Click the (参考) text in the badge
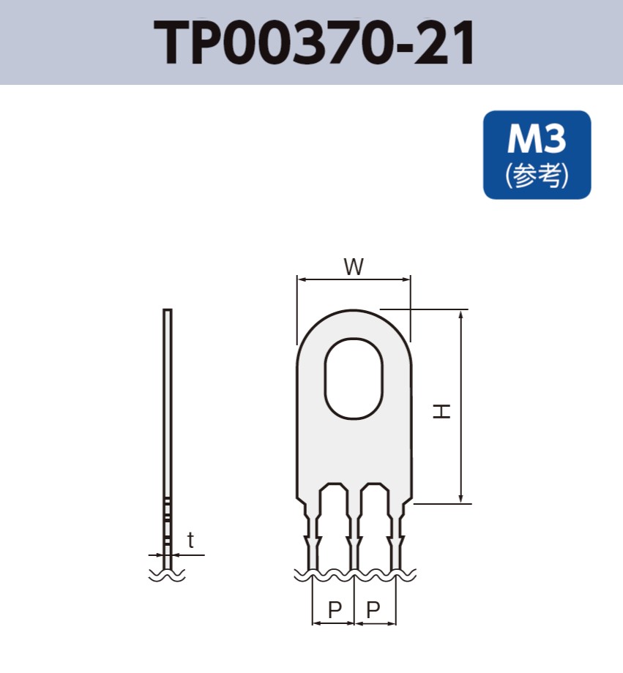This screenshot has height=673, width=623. [x=537, y=176]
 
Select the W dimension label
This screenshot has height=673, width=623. [x=354, y=268]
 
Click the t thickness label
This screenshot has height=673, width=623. [x=190, y=541]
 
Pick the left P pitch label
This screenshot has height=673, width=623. [x=335, y=609]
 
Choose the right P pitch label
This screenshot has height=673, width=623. [x=373, y=609]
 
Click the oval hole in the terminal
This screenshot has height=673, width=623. [x=354, y=378]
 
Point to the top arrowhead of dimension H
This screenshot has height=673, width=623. [x=461, y=315]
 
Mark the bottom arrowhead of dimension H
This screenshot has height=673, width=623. [x=461, y=499]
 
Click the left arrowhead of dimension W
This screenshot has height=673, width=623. [x=301, y=279]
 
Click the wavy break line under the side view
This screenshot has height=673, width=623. [x=167, y=576]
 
